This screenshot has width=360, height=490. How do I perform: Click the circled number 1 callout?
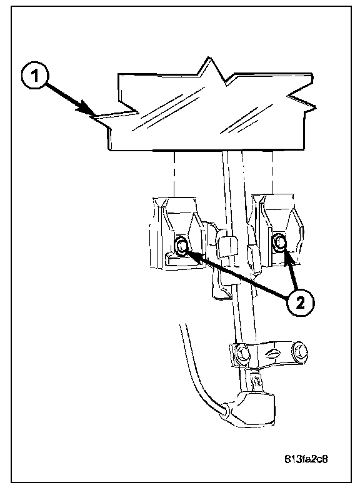click(35, 76)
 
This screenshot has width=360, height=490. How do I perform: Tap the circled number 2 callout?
click(301, 302)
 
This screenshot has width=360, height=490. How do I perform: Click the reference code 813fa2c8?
click(306, 459)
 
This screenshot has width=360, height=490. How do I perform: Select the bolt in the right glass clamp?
click(279, 242)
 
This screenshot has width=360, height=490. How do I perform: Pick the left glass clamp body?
click(176, 232)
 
